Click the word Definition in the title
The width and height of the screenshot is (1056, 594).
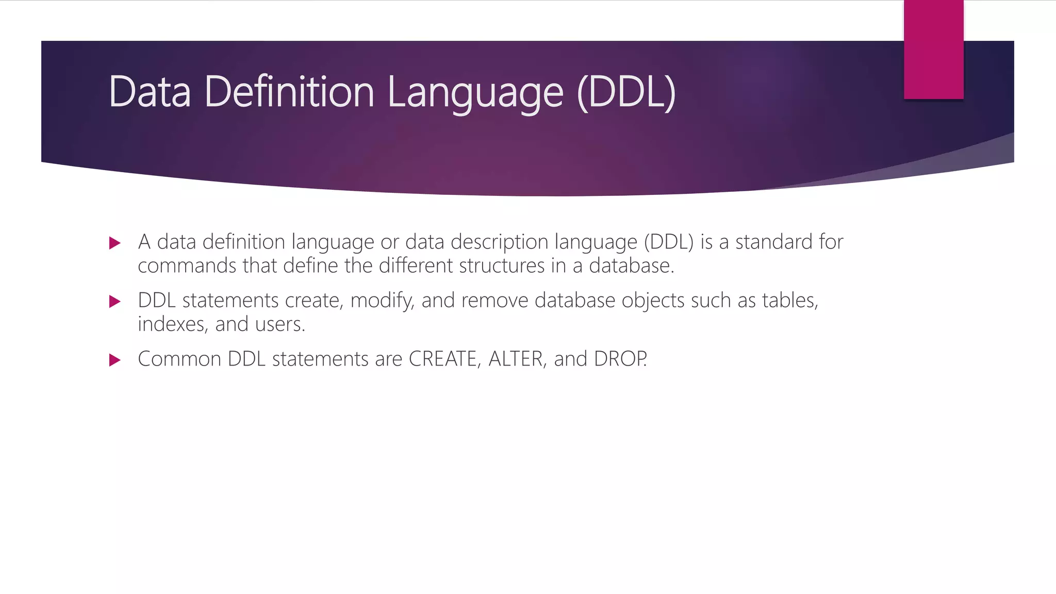289,92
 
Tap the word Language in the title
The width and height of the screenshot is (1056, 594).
475,93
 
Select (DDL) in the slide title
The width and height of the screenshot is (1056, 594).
626,93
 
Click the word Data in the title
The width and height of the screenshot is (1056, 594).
150,92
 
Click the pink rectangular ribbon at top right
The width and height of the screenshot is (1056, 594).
933,49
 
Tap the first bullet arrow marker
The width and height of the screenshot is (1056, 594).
115,243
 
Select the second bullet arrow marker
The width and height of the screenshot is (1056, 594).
115,302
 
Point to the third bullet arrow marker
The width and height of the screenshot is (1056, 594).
115,360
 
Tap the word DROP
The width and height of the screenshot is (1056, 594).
620,359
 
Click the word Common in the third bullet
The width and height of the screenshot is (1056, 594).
179,359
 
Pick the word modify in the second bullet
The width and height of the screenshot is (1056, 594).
382,301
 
